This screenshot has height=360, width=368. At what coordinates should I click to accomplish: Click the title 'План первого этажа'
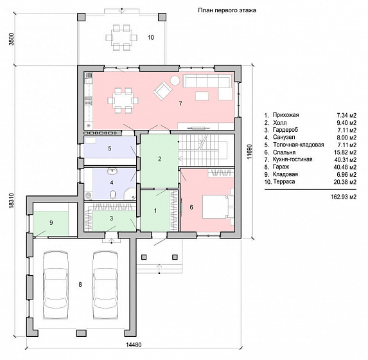(227, 10)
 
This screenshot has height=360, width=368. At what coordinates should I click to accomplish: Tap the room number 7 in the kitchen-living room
(180, 104)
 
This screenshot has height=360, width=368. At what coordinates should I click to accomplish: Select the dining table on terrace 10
(121, 37)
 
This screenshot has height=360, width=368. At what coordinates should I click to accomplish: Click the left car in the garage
(56, 285)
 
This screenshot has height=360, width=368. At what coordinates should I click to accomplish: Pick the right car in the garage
(105, 285)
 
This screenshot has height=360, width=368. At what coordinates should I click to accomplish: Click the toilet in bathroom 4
(113, 194)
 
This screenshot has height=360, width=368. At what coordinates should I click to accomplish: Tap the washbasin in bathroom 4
(112, 171)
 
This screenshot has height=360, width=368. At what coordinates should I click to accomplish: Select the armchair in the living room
(163, 91)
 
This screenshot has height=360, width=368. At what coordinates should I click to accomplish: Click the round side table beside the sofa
(175, 80)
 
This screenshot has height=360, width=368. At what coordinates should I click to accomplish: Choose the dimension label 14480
(134, 345)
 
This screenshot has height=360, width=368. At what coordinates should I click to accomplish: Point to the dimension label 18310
(12, 201)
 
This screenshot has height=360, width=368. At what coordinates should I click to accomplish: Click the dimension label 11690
(249, 152)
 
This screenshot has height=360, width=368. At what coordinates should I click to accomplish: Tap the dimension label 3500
(12, 39)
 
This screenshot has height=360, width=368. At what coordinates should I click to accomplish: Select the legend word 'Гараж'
(281, 167)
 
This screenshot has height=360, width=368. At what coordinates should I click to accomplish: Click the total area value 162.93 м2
(344, 197)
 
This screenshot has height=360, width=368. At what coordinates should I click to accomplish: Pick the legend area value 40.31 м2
(345, 160)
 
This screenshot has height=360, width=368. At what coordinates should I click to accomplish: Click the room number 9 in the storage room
(51, 223)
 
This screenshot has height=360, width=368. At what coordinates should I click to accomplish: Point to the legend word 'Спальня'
(285, 152)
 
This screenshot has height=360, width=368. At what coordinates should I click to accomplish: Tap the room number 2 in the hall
(159, 159)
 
